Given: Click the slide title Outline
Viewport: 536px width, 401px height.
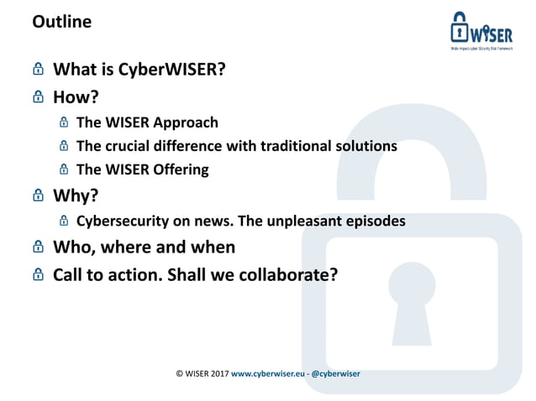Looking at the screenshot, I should tap(61, 23).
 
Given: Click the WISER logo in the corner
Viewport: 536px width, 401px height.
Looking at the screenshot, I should tap(481, 33).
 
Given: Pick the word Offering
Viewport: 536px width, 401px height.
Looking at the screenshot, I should tap(179, 169).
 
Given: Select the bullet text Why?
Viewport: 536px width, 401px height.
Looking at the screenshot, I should tap(74, 195).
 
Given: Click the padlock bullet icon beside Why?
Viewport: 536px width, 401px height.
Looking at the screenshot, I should tap(37, 195).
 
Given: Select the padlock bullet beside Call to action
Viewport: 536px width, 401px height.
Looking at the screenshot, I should tap(37, 273).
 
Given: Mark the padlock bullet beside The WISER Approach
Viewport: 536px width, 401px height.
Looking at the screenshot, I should tap(64, 122).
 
